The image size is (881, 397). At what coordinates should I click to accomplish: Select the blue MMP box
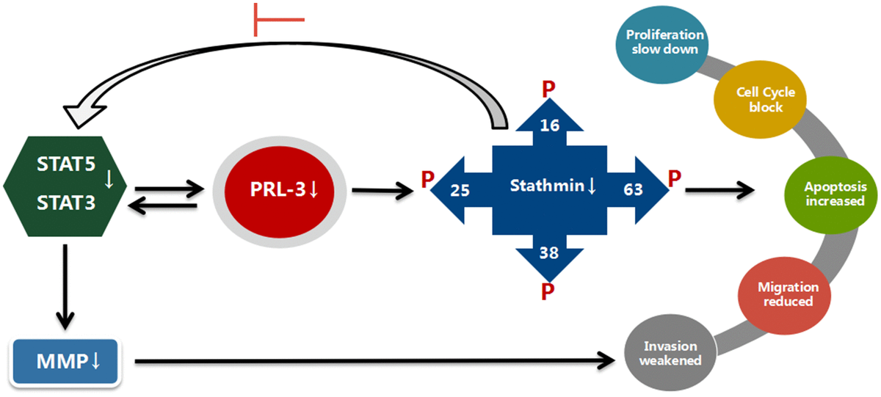coord(65,362)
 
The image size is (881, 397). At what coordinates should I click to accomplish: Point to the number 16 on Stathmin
coord(550,125)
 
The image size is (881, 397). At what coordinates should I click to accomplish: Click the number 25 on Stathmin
coord(461,189)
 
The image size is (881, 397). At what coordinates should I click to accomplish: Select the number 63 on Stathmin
coord(634,189)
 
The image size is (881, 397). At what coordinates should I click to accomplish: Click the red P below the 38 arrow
coord(548,291)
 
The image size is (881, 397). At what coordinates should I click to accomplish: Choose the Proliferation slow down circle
coord(664,44)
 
